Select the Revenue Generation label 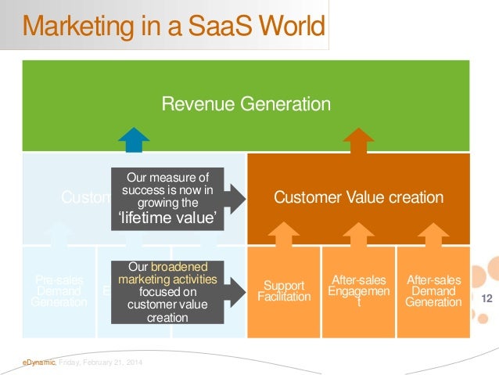(246, 104)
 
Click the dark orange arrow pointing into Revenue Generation (359, 141)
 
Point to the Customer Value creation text (358, 198)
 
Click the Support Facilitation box (284, 290)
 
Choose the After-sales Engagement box (359, 290)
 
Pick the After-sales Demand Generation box (433, 290)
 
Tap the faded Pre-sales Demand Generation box (59, 290)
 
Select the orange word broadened (185, 266)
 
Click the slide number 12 (486, 298)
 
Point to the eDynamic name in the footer (37, 361)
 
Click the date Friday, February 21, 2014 (95, 361)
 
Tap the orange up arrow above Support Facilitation (284, 233)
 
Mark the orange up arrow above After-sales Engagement (359, 233)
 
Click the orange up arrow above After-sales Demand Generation (433, 233)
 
